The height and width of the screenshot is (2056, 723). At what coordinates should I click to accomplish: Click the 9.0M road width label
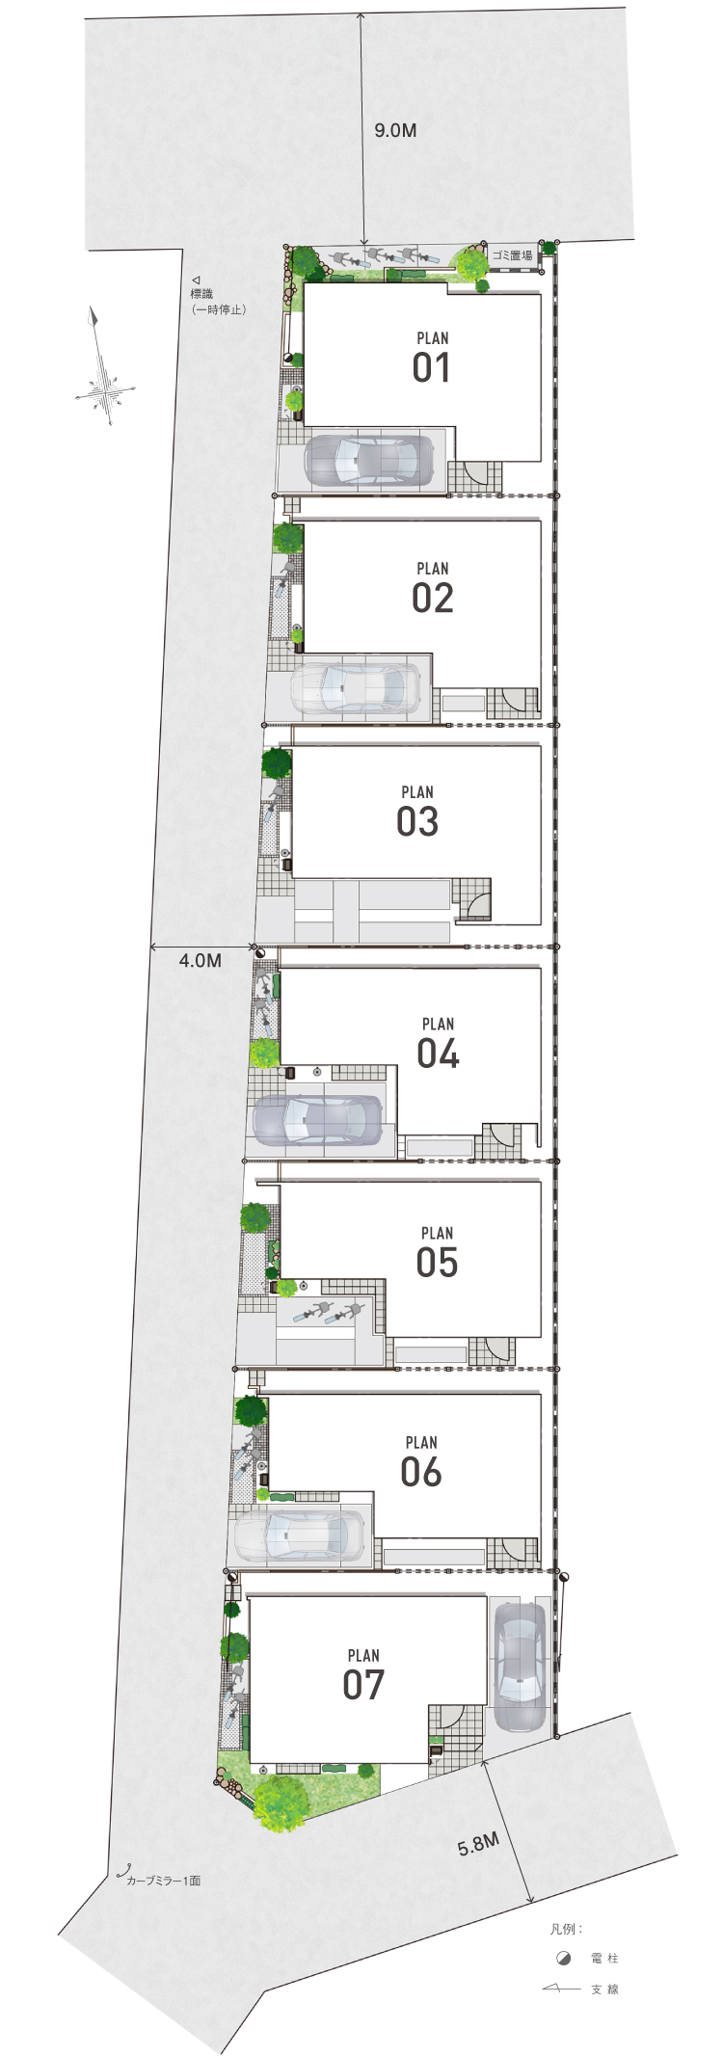coord(395,130)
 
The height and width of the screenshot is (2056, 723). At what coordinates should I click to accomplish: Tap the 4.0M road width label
coord(201,961)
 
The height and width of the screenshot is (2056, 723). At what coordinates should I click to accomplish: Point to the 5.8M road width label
coord(478,1845)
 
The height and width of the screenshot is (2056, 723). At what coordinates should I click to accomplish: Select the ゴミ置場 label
coord(512,255)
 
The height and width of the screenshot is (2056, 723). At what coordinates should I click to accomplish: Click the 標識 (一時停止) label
coord(219,302)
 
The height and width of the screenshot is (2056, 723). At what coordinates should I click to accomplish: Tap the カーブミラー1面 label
coord(163,1880)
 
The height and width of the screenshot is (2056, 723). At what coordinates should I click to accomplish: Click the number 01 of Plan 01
coord(432,367)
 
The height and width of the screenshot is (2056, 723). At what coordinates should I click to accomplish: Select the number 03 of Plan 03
coord(417,821)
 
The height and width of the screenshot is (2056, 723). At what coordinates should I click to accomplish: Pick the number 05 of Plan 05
coord(437,1262)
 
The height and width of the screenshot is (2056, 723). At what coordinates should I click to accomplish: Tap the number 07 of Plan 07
coord(363,1684)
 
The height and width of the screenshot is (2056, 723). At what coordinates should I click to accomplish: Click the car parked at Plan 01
coord(369,460)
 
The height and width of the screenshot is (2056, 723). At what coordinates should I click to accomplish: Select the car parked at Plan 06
coord(299,1537)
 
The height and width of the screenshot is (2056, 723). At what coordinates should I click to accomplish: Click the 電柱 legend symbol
coord(564,1958)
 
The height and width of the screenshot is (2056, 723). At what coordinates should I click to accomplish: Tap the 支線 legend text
coord(604,1989)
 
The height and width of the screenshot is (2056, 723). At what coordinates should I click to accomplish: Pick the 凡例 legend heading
coord(566,1929)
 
